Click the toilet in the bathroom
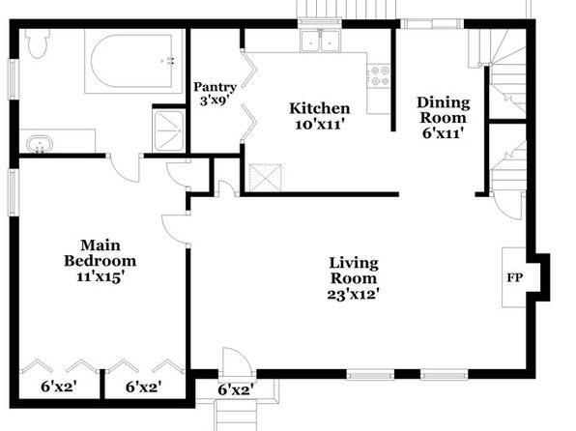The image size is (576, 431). click(x=38, y=43)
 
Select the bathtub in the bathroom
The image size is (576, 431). click(x=132, y=61)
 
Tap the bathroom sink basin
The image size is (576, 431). click(x=40, y=144)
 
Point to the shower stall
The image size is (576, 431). click(x=169, y=130)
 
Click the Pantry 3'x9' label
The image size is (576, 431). click(x=215, y=94)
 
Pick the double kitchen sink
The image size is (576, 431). click(x=320, y=41)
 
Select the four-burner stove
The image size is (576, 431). click(x=379, y=75)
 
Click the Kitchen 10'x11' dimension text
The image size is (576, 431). click(x=320, y=125)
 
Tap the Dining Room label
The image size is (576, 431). click(x=443, y=110)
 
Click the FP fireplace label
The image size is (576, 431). click(x=515, y=277)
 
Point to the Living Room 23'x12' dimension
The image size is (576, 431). click(x=353, y=294)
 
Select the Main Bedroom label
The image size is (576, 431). click(x=100, y=253)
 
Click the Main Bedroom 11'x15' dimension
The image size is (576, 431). click(x=99, y=276)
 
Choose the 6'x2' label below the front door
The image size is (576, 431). click(x=236, y=389)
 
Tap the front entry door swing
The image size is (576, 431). click(x=237, y=362)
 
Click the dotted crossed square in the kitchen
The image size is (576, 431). click(x=265, y=178)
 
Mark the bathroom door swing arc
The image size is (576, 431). click(x=125, y=170)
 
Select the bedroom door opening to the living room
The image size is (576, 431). click(x=176, y=228)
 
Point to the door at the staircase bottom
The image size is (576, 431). click(x=507, y=205)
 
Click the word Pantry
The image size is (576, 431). click(x=215, y=87)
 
